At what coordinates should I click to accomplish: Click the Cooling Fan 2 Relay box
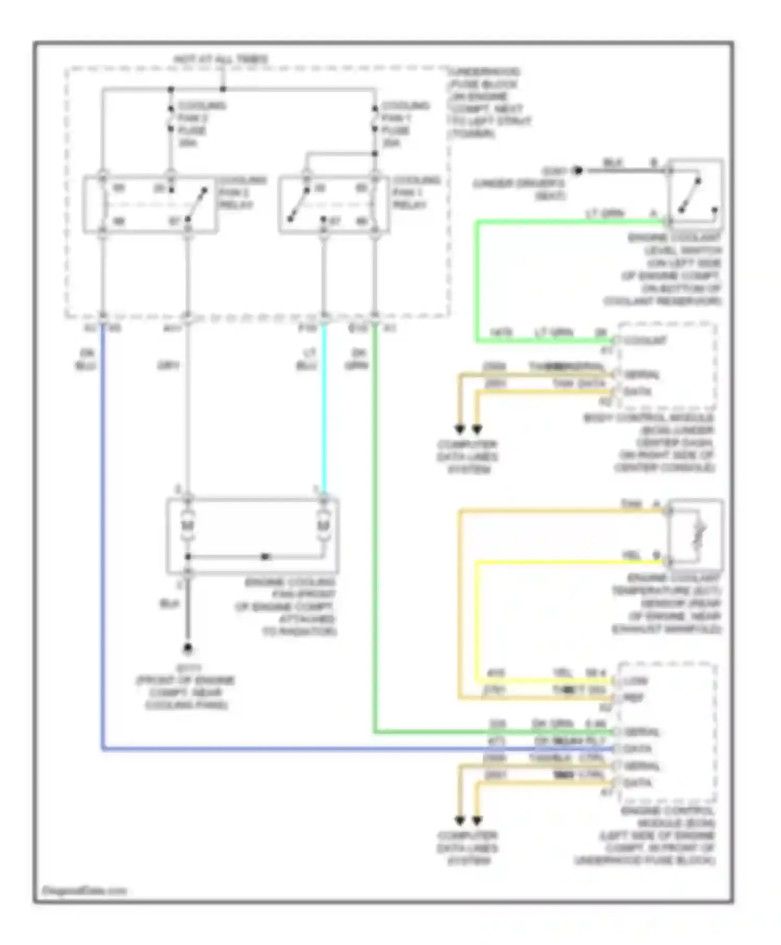(150, 204)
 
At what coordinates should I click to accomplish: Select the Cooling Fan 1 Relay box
(334, 204)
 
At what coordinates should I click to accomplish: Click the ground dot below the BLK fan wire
(187, 648)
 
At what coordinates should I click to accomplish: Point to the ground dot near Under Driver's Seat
(576, 170)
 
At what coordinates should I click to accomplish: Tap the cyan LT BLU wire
(324, 406)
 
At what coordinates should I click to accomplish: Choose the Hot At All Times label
(221, 59)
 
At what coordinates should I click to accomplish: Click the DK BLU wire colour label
(85, 359)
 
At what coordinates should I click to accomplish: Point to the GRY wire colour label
(168, 366)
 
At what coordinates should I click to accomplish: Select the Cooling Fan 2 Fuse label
(200, 124)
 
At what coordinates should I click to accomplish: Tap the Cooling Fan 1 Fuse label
(404, 124)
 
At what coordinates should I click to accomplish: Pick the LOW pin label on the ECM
(635, 681)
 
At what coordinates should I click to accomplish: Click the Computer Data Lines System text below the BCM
(467, 457)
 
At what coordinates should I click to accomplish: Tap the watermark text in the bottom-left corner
(84, 891)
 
